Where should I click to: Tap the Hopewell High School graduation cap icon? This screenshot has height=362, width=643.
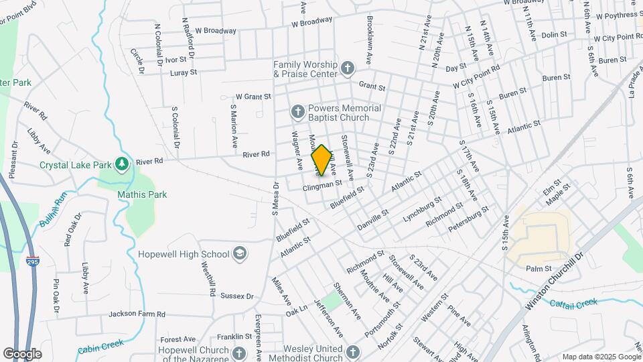click(x=240, y=254)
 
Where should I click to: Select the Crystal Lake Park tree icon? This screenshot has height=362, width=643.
click(x=121, y=164)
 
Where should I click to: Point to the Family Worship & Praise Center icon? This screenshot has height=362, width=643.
click(x=347, y=68)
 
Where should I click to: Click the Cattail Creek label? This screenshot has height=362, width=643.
click(x=574, y=303)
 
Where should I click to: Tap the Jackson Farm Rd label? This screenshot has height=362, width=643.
click(x=137, y=314)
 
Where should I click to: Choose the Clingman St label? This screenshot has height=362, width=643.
click(x=322, y=183)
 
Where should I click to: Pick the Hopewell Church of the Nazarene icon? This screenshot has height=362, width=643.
click(x=240, y=353)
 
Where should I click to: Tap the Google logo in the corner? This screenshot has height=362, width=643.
click(x=22, y=353)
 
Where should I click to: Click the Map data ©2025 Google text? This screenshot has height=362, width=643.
click(x=601, y=357)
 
